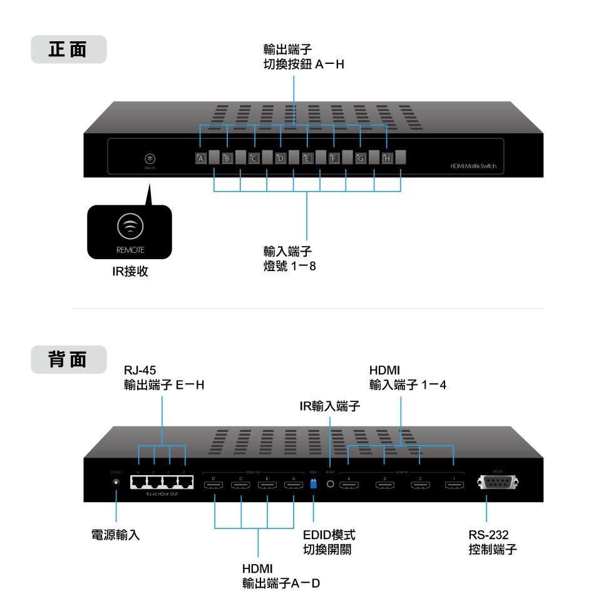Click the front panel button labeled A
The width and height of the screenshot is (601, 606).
click(x=200, y=158)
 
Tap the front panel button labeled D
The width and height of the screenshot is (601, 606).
click(x=280, y=158)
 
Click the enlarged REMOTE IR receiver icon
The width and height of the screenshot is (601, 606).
click(x=129, y=227)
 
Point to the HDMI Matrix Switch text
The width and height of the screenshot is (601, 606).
click(x=473, y=167)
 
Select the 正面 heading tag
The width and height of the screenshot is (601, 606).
click(x=68, y=49)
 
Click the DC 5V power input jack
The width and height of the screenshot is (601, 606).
click(x=116, y=483)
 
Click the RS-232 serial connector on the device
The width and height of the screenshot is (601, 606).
click(x=498, y=482)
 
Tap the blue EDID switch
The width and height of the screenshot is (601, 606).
click(x=313, y=483)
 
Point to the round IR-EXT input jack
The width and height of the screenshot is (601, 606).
click(x=331, y=483)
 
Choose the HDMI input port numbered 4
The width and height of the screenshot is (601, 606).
click(x=349, y=483)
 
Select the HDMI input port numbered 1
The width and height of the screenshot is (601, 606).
click(x=453, y=483)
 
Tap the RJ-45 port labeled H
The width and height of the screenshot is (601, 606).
click(x=138, y=481)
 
